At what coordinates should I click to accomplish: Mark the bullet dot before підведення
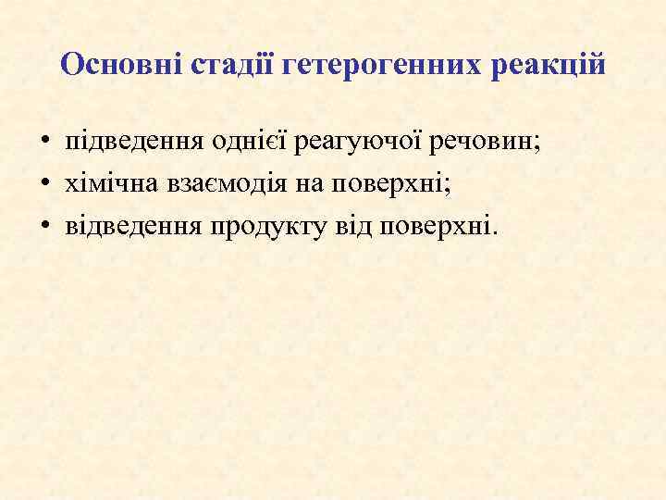pyautogui.click(x=44, y=145)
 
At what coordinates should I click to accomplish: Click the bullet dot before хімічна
pyautogui.click(x=44, y=184)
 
